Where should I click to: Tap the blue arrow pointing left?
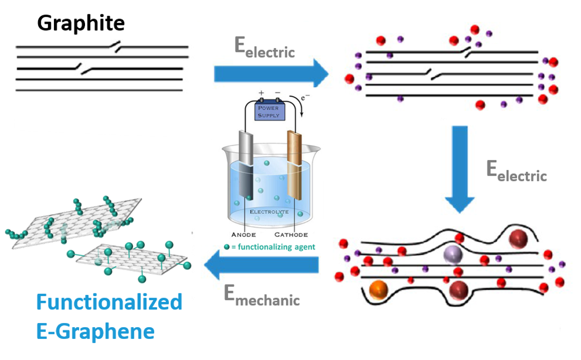tap(261, 265)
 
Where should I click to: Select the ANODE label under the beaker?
tap(243, 235)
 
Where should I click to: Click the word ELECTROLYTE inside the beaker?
tap(269, 212)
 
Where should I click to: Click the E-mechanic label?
tap(261, 296)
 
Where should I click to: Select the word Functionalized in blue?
tap(109, 302)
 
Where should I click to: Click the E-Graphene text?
tap(95, 332)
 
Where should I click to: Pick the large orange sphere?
tap(379, 290)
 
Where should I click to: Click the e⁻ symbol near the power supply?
tap(306, 98)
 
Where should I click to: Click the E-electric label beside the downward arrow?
tap(516, 172)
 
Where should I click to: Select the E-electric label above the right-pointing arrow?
tap(264, 49)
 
